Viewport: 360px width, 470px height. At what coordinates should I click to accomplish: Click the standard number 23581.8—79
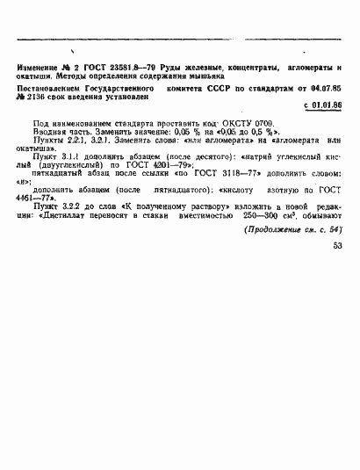tap(119, 68)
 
